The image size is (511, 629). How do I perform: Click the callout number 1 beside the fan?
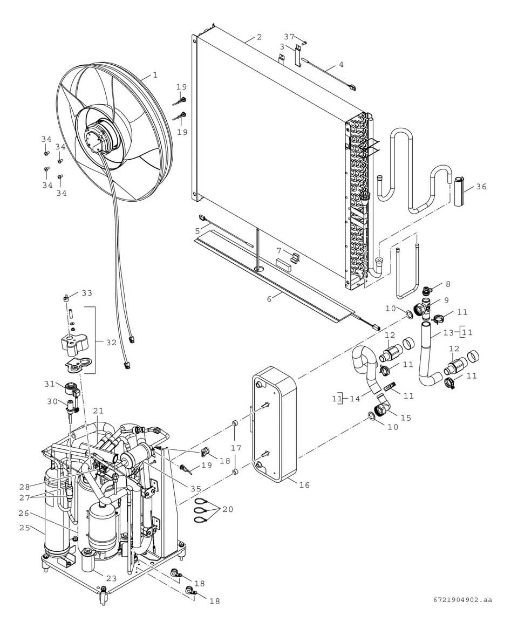pos(155,75)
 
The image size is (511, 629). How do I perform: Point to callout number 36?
pos(481,187)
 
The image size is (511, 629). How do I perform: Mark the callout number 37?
pos(289,37)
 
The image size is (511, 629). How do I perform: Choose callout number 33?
pos(87,293)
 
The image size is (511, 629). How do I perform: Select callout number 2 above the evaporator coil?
pos(259,37)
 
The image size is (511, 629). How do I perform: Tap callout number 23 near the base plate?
pos(111,578)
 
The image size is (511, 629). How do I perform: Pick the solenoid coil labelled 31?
pos(71,389)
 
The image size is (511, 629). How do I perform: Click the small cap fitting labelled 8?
pos(426,288)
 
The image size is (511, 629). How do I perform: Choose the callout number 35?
pos(195,489)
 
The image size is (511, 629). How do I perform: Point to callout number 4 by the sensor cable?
pos(340,65)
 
